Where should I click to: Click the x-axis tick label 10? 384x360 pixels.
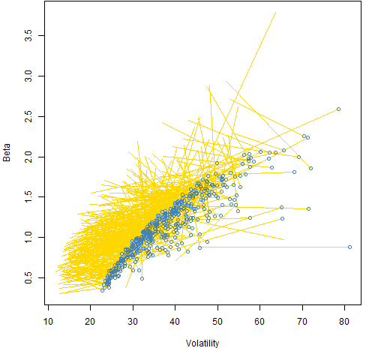point(48,322)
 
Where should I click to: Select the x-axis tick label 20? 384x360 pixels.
point(90,322)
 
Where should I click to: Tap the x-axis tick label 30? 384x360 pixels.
point(133,322)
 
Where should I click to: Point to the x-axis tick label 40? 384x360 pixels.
point(175,322)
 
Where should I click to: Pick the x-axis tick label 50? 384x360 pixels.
point(217,322)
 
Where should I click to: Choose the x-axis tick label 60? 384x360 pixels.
point(259,322)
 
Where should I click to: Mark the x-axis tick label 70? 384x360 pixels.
point(302,322)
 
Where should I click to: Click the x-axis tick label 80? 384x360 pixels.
point(344,322)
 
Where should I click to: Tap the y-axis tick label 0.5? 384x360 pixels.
point(28,277)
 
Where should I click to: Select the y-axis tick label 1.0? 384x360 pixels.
point(28,237)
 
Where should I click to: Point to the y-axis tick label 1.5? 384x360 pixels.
point(28,197)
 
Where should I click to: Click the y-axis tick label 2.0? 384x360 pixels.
point(28,157)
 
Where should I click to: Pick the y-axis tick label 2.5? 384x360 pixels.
point(28,116)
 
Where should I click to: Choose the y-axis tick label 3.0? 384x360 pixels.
point(28,76)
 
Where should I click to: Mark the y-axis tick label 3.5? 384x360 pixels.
point(28,36)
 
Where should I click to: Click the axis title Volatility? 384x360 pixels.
point(202,343)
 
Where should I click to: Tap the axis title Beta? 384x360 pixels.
point(7,152)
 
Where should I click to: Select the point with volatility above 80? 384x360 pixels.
point(349,247)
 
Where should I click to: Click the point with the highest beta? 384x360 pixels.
point(338,109)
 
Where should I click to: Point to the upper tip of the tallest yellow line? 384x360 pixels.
point(276,12)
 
